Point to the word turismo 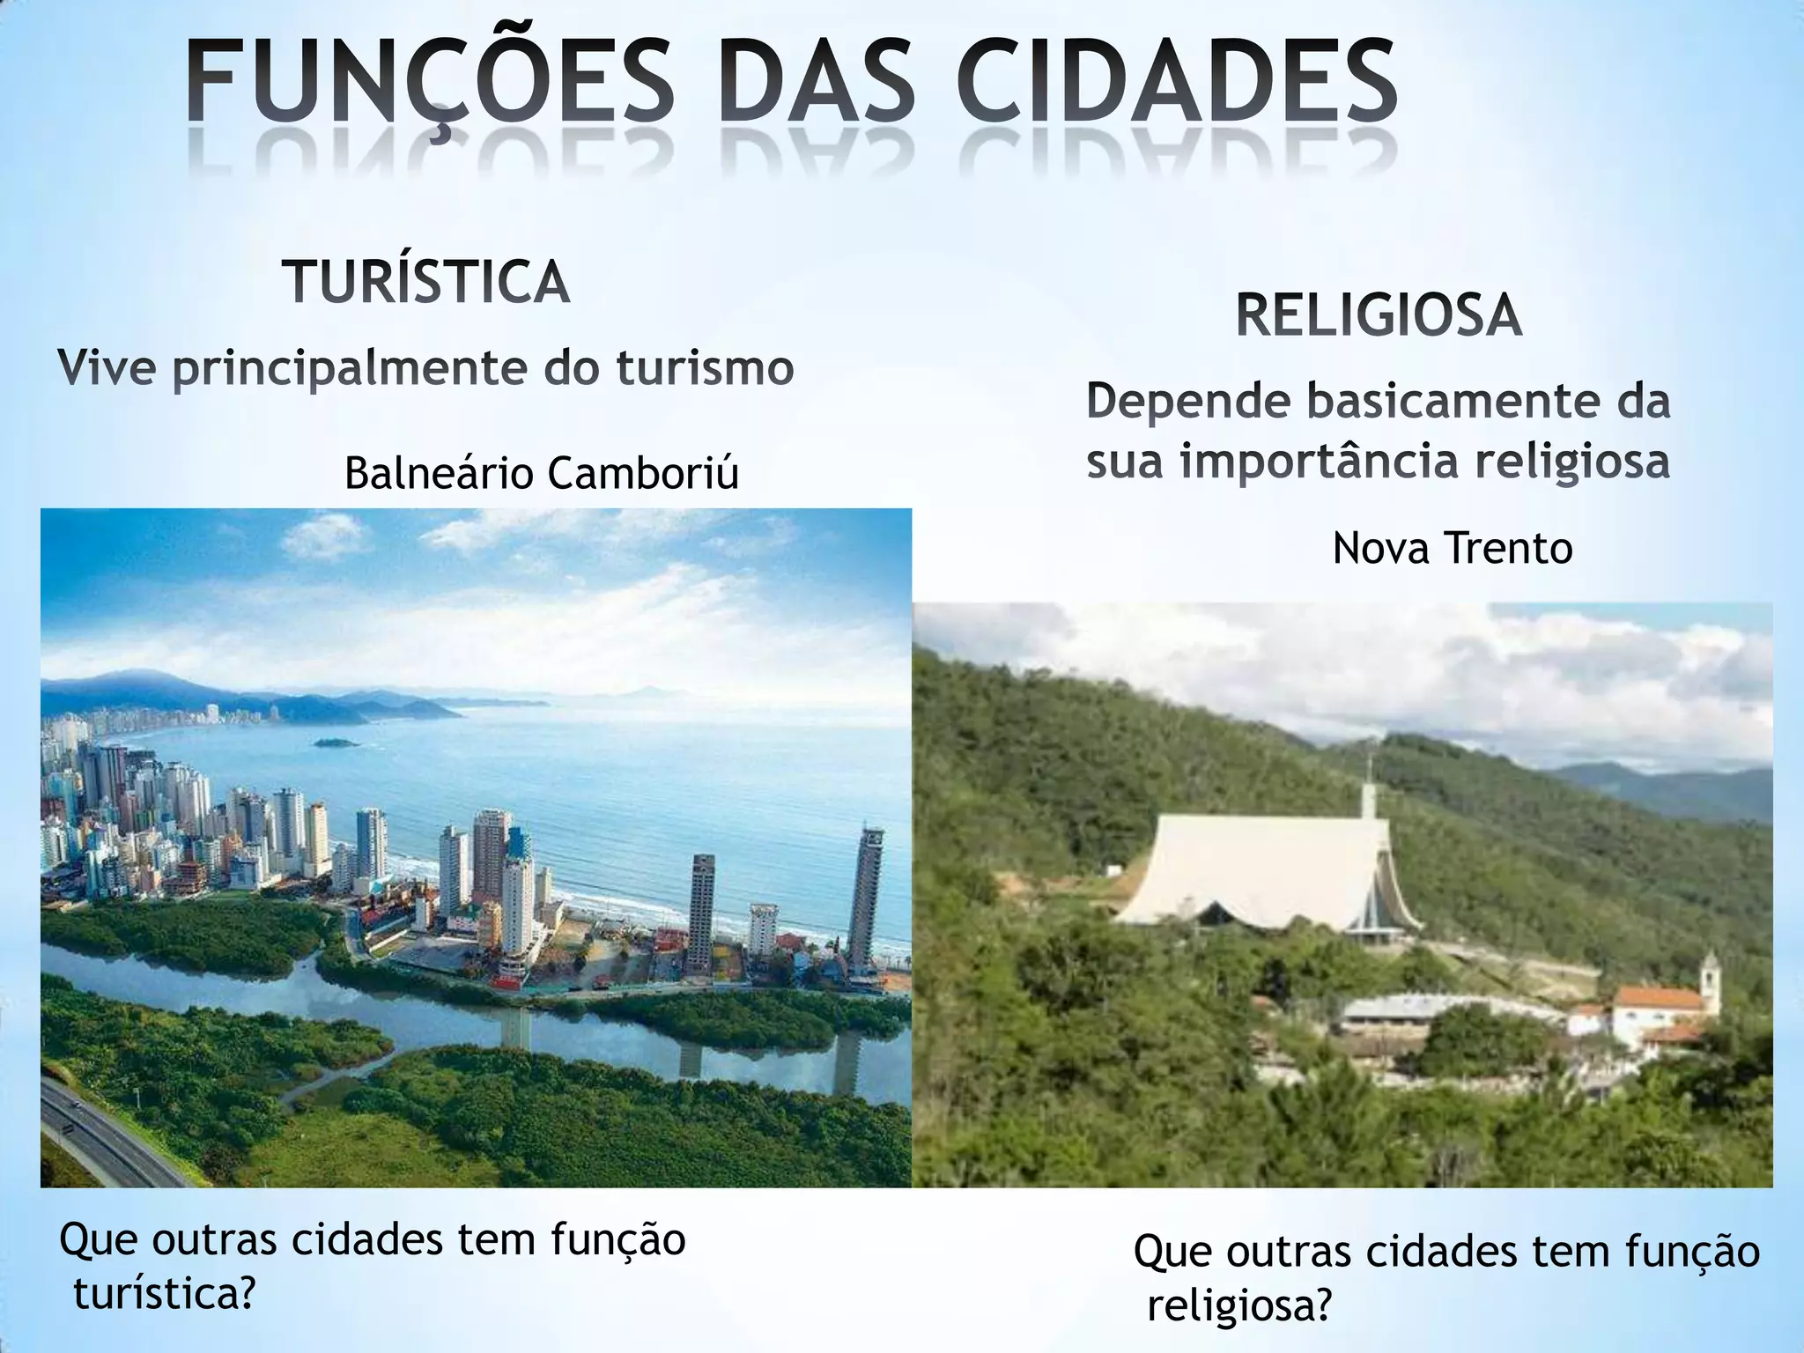coord(705,368)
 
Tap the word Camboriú coord(643,474)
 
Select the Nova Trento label coord(1452,548)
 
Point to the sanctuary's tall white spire coord(1369,797)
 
